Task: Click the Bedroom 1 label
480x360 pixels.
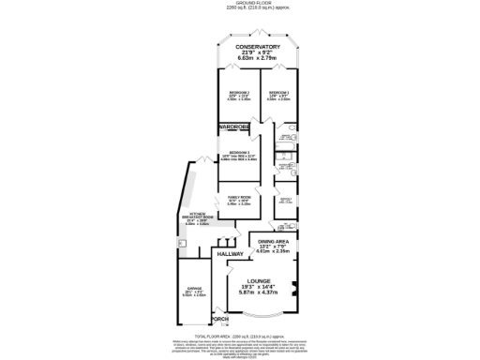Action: [x=277, y=93]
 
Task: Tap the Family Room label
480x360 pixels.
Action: [x=239, y=197]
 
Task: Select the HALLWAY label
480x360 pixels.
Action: [x=230, y=254]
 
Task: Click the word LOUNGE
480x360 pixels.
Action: [x=259, y=280]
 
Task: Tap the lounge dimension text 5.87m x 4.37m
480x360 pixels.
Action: [x=259, y=293]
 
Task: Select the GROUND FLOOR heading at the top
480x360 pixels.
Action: [x=239, y=3]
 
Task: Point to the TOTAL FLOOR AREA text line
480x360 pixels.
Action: [x=239, y=336]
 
